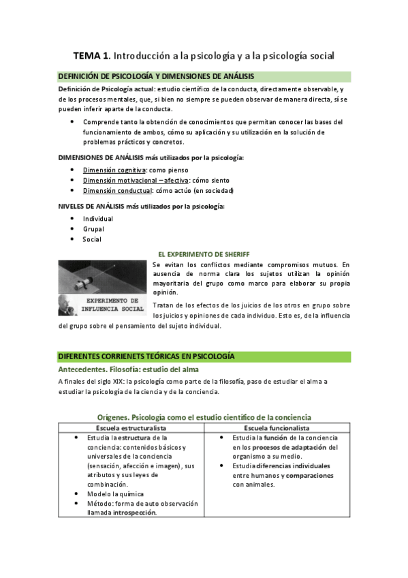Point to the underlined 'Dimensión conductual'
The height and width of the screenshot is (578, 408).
click(x=115, y=190)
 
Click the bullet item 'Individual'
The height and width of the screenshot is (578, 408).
click(x=98, y=219)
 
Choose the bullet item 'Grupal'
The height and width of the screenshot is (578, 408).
click(x=94, y=229)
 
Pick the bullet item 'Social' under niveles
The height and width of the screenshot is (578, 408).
click(x=93, y=239)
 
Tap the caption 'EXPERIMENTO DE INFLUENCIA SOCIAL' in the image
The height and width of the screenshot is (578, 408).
click(x=116, y=304)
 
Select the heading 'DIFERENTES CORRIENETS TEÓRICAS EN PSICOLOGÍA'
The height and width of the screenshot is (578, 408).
click(x=147, y=356)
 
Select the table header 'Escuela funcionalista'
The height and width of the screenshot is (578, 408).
click(x=276, y=427)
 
